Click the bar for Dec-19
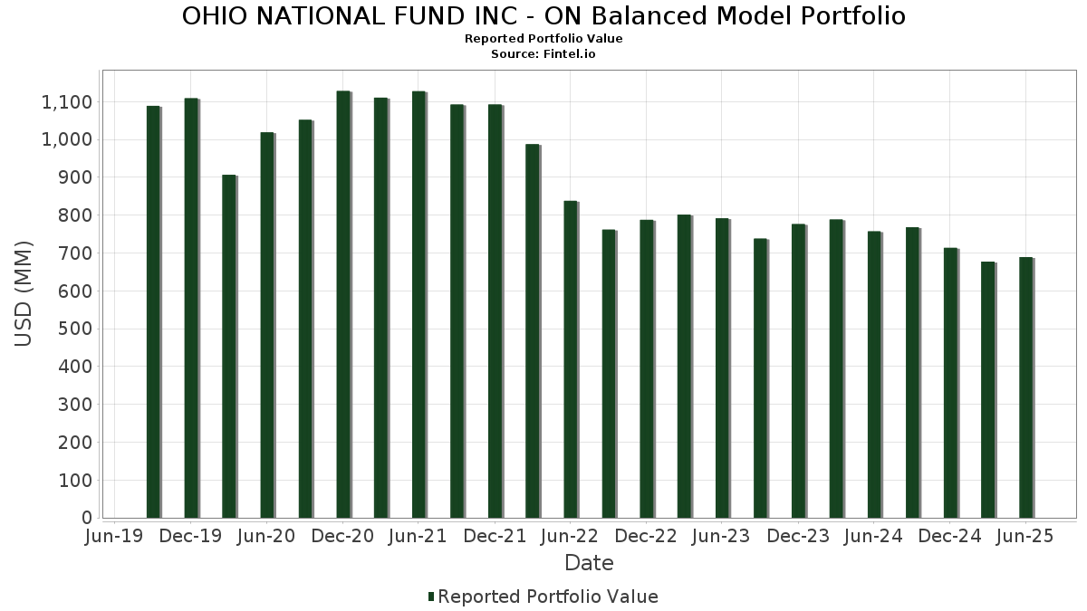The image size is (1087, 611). click(x=191, y=308)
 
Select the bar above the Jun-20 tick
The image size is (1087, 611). click(x=267, y=325)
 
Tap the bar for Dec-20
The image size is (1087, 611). click(x=343, y=304)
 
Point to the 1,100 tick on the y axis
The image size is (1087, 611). click(x=67, y=102)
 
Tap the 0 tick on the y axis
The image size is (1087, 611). click(x=87, y=519)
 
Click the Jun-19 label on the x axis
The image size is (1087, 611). click(x=115, y=537)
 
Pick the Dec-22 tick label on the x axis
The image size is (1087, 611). click(x=647, y=537)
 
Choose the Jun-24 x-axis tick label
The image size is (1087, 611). click(x=874, y=537)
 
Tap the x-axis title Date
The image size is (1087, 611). click(x=589, y=563)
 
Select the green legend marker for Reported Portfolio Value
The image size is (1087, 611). click(x=432, y=597)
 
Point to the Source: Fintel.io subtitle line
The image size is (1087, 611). click(x=543, y=54)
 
